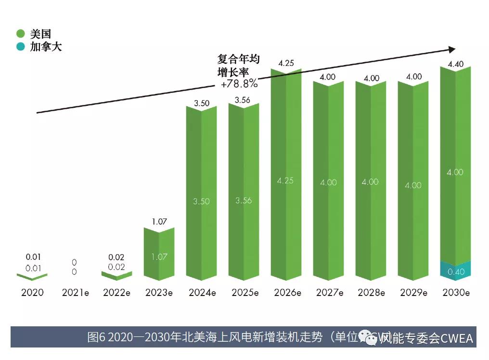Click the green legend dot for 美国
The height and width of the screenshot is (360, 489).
20,34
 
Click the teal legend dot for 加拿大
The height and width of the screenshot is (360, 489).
20,47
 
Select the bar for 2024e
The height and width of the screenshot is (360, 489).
201,193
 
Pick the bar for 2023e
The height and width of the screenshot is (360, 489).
159,255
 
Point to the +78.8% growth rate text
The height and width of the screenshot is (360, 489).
239,83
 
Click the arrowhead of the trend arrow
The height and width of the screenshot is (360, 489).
451,49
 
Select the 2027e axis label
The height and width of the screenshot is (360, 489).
329,293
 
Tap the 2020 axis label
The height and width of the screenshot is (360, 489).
32,293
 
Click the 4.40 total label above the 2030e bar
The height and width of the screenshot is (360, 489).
455,64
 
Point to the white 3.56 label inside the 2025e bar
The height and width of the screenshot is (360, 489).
244,200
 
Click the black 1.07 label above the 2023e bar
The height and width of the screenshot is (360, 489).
159,221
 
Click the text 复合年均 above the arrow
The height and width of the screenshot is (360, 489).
238,59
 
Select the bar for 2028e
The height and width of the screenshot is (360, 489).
371,183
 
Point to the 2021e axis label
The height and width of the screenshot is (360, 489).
76,293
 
